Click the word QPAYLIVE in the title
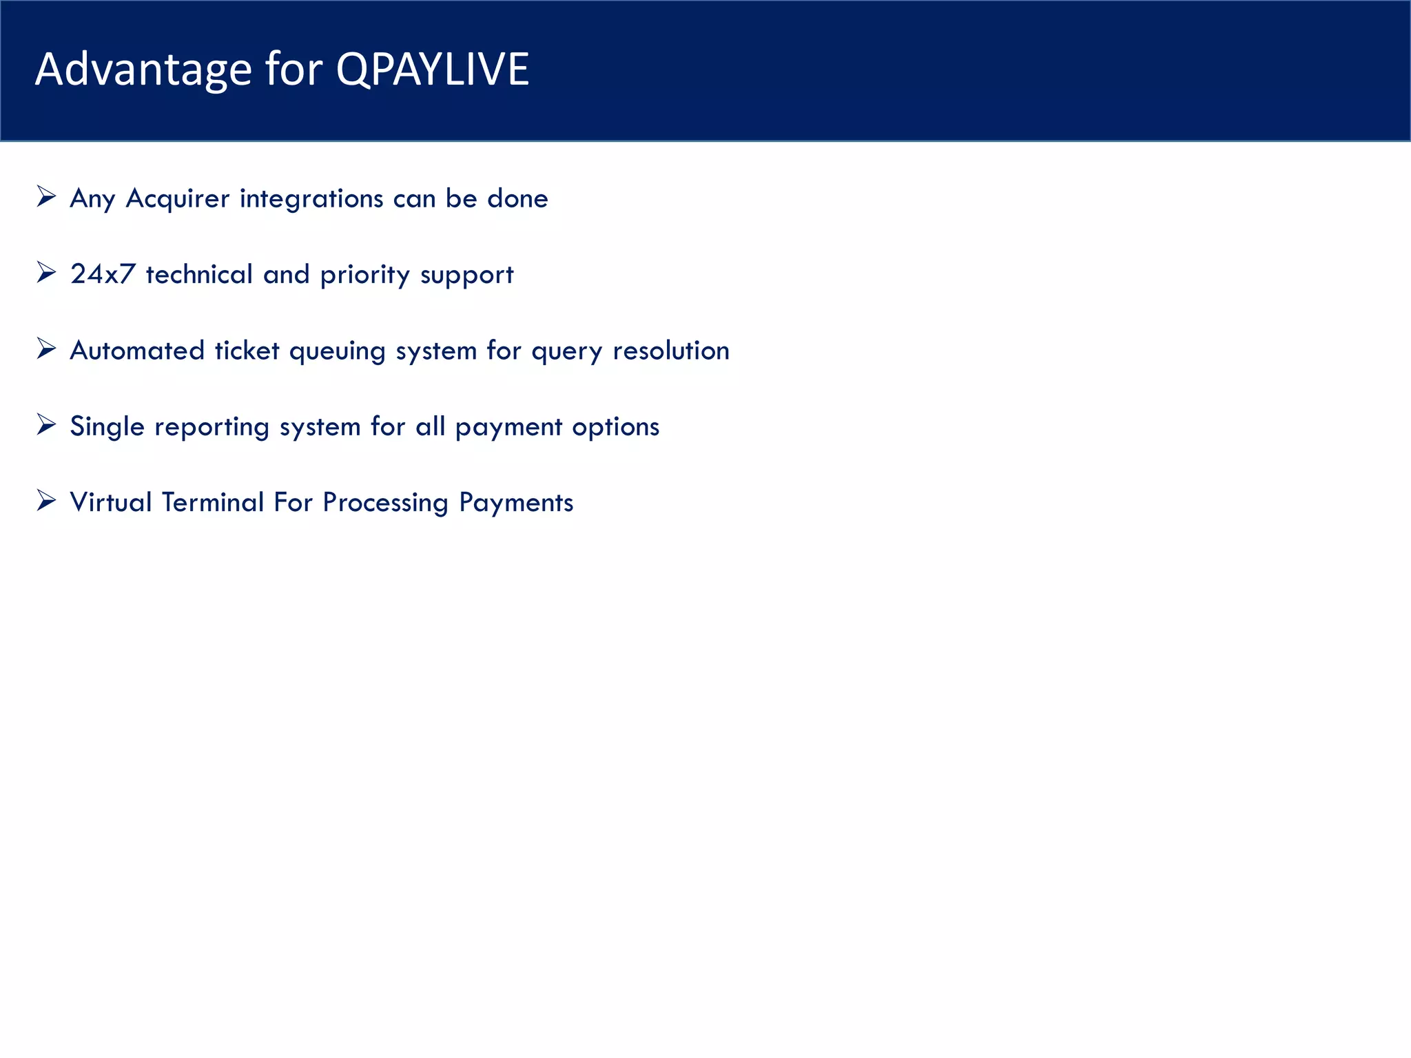click(x=432, y=70)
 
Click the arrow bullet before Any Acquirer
click(x=46, y=197)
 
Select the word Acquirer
click(x=178, y=199)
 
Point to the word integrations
click(x=311, y=199)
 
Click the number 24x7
click(x=103, y=274)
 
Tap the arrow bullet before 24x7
click(x=46, y=273)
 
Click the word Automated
click(x=137, y=351)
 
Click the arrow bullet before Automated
click(x=46, y=349)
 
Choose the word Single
click(x=107, y=427)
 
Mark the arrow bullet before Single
click(x=46, y=425)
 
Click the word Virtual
click(x=111, y=502)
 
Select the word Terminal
click(x=213, y=502)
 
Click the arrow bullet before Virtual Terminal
click(x=46, y=501)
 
